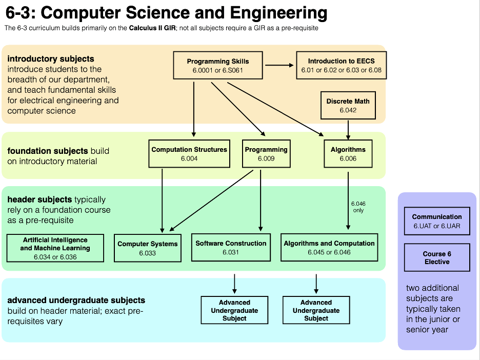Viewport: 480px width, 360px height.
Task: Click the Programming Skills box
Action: click(x=218, y=65)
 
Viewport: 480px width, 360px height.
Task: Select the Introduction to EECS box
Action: click(x=341, y=65)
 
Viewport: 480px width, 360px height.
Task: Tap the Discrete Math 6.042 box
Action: click(x=348, y=105)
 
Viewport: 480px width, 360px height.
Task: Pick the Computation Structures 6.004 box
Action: click(x=189, y=154)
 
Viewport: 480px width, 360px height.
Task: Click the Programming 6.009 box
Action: click(x=266, y=154)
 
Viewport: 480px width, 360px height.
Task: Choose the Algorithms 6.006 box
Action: click(x=348, y=154)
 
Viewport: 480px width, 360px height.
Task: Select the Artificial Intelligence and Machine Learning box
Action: click(x=55, y=248)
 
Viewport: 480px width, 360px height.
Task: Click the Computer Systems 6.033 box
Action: click(x=148, y=248)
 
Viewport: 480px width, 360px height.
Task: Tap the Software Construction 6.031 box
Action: click(x=231, y=248)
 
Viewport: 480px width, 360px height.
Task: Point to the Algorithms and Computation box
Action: click(x=329, y=248)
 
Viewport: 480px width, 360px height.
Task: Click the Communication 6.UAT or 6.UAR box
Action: click(x=437, y=221)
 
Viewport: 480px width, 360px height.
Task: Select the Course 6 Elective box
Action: click(x=437, y=257)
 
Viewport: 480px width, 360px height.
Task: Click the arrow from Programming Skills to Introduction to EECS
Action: click(x=279, y=65)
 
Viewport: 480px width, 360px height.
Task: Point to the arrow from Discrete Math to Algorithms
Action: click(x=348, y=129)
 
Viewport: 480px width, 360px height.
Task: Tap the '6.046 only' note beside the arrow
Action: click(x=358, y=207)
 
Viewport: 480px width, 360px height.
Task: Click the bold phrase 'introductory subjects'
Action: click(x=51, y=59)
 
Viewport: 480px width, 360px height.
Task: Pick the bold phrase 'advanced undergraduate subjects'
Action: click(x=76, y=301)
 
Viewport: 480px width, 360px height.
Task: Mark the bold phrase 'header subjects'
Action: click(x=39, y=199)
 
